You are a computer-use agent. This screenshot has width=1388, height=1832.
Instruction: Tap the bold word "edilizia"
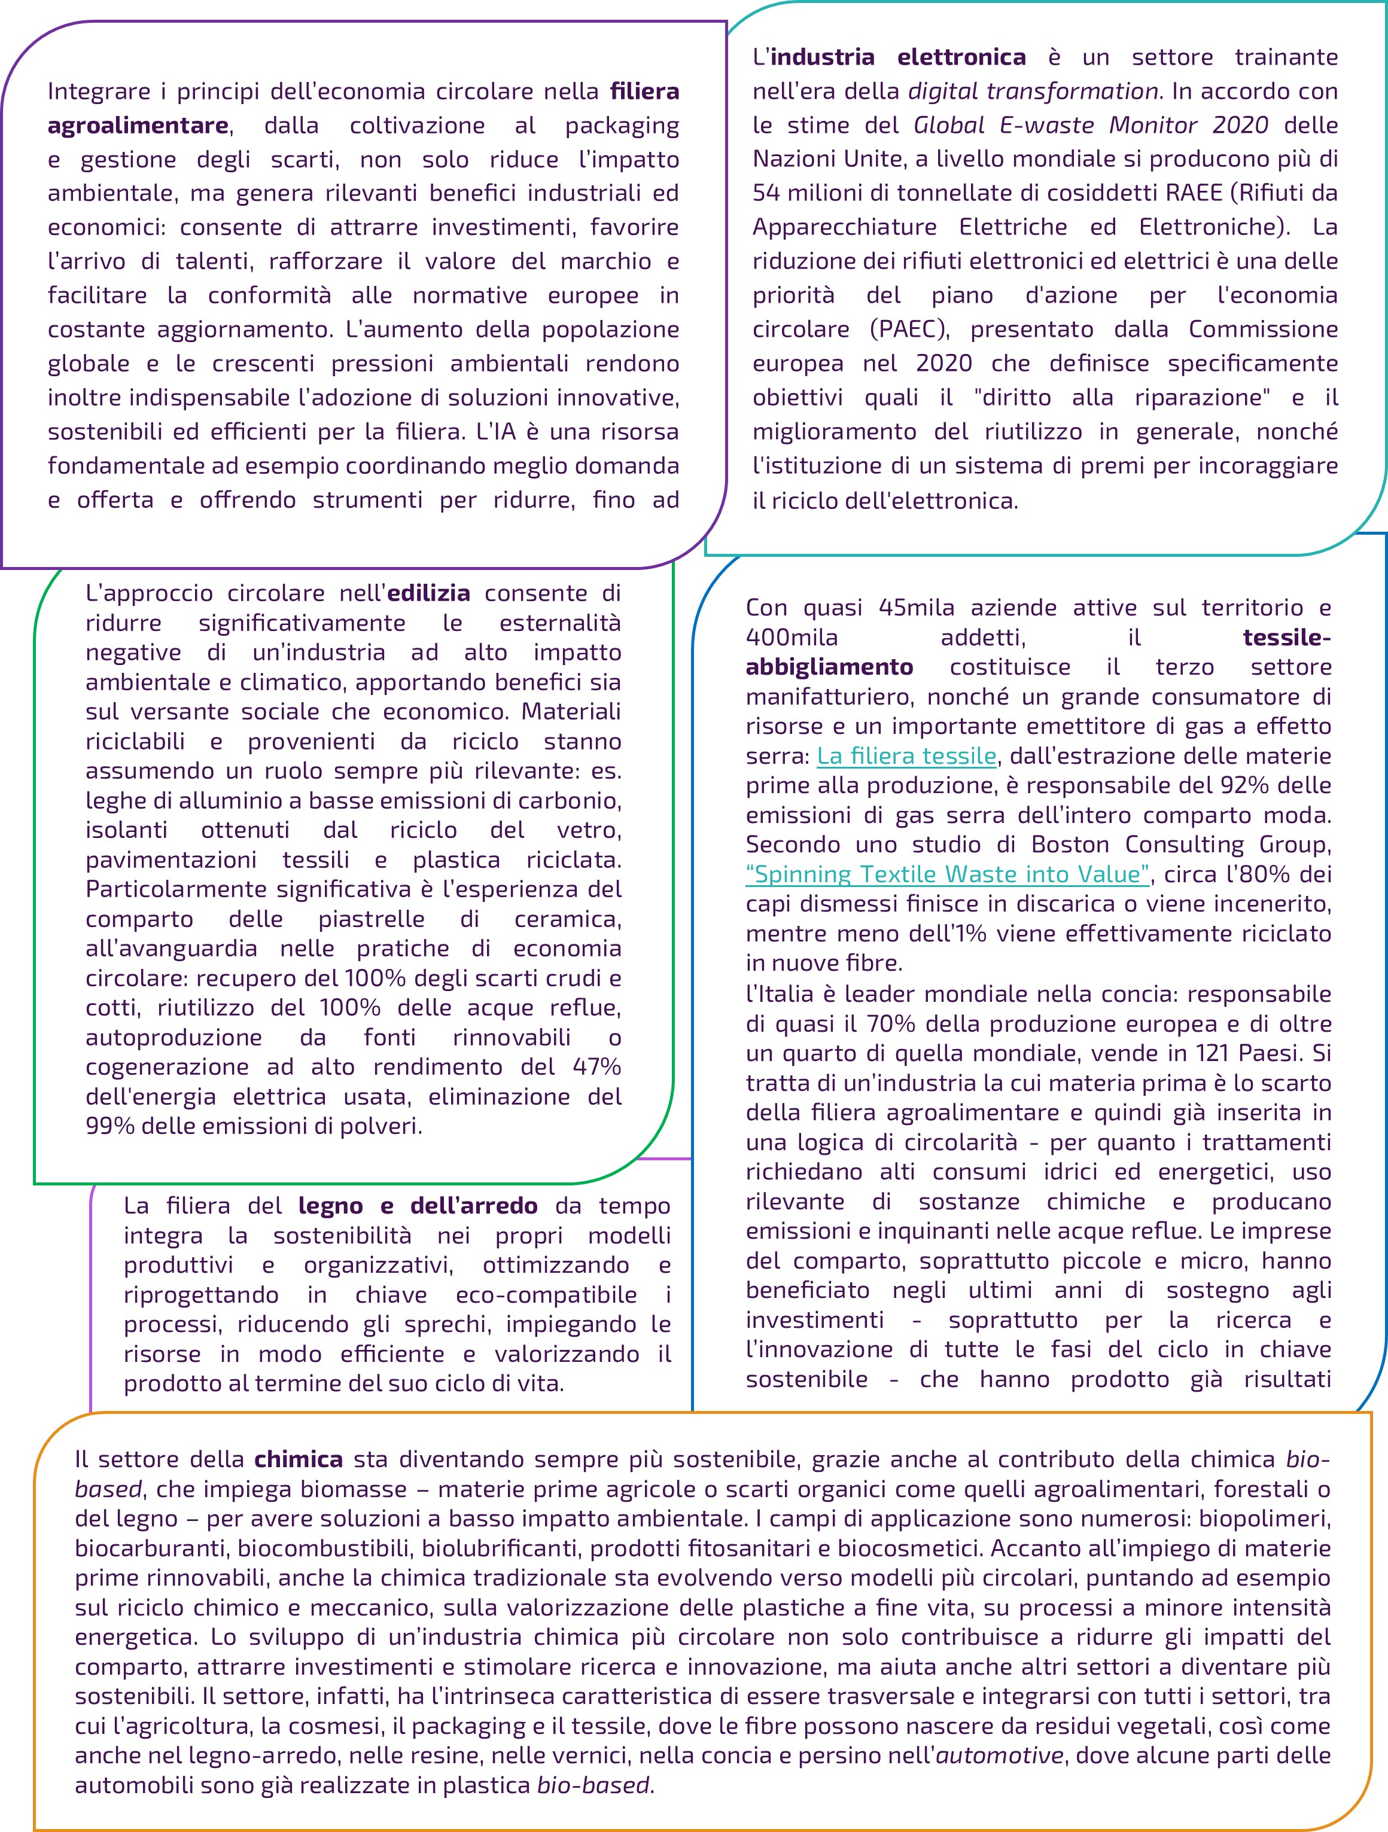pyautogui.click(x=428, y=593)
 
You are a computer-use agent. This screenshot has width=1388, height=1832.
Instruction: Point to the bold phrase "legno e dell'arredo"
pyautogui.click(x=418, y=1206)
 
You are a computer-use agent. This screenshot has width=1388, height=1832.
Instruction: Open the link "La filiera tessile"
pyautogui.click(x=906, y=755)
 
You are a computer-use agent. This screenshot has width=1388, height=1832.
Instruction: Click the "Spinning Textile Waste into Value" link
pyautogui.click(x=948, y=874)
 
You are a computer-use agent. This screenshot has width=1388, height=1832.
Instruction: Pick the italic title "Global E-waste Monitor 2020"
pyautogui.click(x=1091, y=125)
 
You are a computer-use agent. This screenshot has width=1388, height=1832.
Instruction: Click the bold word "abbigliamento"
pyautogui.click(x=829, y=667)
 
